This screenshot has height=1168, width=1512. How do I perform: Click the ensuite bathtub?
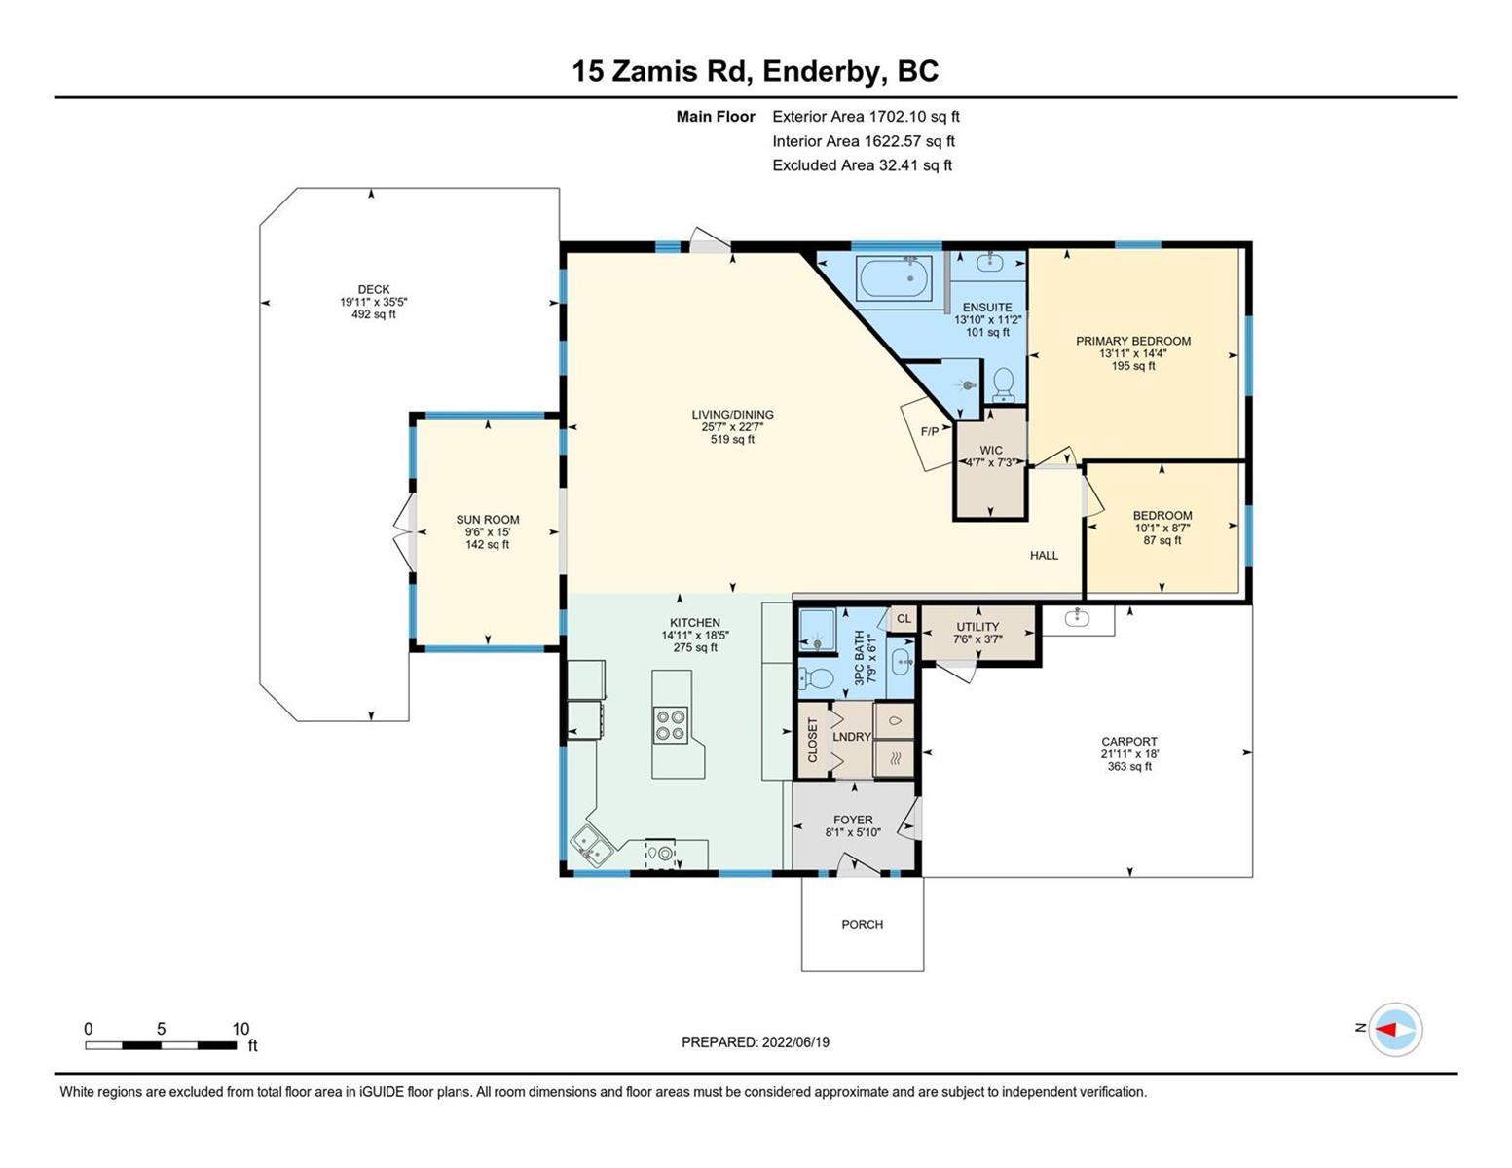click(895, 282)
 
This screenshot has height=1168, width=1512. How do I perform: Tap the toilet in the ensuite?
click(1003, 384)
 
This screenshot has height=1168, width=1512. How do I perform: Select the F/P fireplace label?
click(930, 432)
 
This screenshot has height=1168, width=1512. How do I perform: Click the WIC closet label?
click(991, 450)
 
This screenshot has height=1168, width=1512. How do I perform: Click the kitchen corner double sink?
click(592, 848)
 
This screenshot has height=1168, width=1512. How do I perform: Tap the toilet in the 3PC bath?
click(816, 677)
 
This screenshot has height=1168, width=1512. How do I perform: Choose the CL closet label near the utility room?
click(904, 618)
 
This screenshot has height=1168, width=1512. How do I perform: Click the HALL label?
click(1044, 555)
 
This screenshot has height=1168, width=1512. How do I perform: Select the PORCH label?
click(862, 924)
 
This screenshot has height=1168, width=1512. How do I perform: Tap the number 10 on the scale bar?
click(240, 1029)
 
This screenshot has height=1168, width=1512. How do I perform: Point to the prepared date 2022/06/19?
click(795, 1042)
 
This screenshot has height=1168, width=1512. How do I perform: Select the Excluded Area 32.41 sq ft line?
click(862, 165)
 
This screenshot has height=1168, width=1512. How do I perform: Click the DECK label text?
click(374, 289)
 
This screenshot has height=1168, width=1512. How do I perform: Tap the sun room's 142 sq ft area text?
click(487, 545)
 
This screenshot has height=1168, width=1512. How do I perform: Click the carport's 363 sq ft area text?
click(1129, 767)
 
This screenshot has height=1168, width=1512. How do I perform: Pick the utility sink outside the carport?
click(1078, 618)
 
